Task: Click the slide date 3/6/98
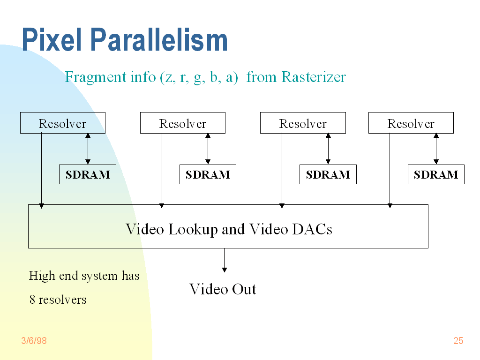point(34,341)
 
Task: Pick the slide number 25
point(458,341)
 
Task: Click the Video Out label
point(223,289)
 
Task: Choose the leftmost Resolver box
point(62,123)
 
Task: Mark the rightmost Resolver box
point(411,123)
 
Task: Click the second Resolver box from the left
point(182,123)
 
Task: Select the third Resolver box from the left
point(303,123)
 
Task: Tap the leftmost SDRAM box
point(88,175)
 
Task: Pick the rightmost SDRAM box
point(436,175)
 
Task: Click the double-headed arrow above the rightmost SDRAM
point(436,149)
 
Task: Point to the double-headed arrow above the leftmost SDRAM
point(88,149)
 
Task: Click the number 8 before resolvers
point(32,300)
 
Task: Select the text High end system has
point(84,276)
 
